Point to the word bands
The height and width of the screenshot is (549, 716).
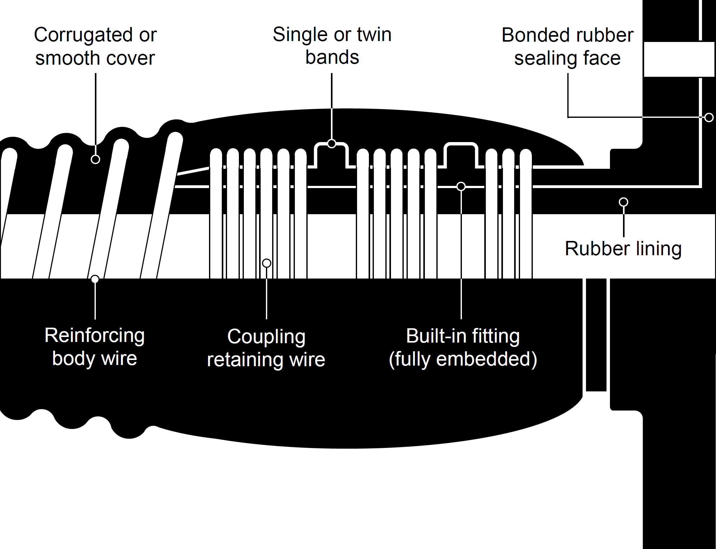click(332, 57)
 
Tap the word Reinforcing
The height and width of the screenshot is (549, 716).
click(95, 335)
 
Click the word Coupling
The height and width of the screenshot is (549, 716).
click(266, 337)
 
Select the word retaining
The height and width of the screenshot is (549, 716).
click(245, 360)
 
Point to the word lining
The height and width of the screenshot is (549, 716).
click(659, 249)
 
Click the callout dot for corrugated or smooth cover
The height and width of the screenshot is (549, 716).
click(95, 159)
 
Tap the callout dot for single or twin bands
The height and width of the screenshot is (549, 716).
click(332, 143)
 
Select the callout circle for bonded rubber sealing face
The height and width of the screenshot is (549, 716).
click(709, 117)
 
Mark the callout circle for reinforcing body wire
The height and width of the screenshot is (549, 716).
click(95, 279)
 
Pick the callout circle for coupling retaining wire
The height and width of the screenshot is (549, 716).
click(267, 263)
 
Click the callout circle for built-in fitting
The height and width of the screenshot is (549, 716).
click(461, 187)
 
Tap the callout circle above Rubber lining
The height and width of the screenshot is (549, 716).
click(624, 202)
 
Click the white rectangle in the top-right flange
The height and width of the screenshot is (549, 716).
click(679, 59)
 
